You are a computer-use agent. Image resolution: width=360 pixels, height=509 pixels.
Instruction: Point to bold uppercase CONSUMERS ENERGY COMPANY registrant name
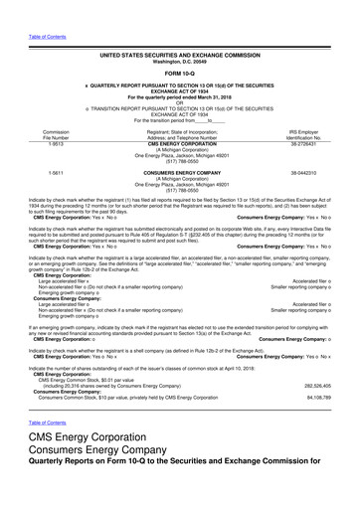point(180,172)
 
